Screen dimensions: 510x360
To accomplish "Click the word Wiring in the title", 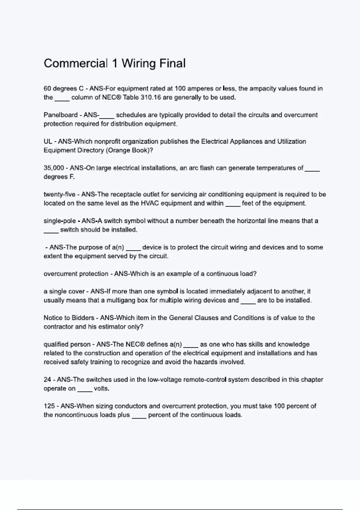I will (x=138, y=64).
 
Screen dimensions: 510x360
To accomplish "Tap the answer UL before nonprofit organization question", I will (x=48, y=142).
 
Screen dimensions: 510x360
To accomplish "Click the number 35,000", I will (x=54, y=168).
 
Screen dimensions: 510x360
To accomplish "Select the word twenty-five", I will (x=59, y=194).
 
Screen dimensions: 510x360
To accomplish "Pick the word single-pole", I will (x=60, y=221).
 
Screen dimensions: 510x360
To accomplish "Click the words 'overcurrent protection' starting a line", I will (x=76, y=274).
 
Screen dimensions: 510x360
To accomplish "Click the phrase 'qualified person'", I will (x=67, y=344).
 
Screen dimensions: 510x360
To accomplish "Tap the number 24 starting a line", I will (x=47, y=380).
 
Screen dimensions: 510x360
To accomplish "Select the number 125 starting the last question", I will (x=49, y=406).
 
